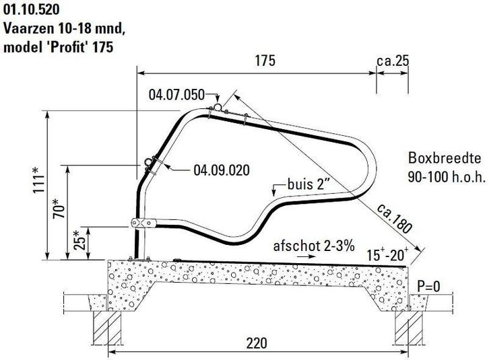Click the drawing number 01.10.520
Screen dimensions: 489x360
coord(31,9)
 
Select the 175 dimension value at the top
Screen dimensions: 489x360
coord(265,61)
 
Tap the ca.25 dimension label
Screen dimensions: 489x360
coord(393,61)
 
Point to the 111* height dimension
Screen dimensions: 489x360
coord(39,180)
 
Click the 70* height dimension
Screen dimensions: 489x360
coord(59,207)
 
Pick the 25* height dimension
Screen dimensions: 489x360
coord(79,240)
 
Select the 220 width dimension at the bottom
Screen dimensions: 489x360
coord(257,343)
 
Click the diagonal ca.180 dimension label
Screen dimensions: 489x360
coord(395,219)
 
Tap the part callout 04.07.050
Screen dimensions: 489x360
coord(176,94)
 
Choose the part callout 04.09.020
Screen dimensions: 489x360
coord(222,170)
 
